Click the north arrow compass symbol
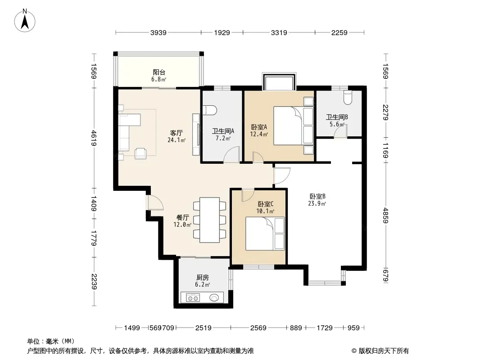pos(25,20)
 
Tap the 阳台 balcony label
pos(159,72)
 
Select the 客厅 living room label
pos(177,133)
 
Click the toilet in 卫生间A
pos(210,110)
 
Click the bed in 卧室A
pos(293,126)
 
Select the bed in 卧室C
pos(265,234)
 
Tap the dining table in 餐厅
pos(209,220)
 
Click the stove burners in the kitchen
pos(194,297)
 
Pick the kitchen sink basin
pos(214,297)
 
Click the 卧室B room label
pos(317,196)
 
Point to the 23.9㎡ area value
pos(317,204)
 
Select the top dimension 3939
pos(158,32)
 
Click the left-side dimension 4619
pos(94,138)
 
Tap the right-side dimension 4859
pos(386,216)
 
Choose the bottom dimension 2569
pos(258,328)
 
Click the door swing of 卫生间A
pos(231,154)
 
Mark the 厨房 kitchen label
pos(202,277)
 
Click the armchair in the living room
pos(140,153)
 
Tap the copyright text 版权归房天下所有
pos(384,351)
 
